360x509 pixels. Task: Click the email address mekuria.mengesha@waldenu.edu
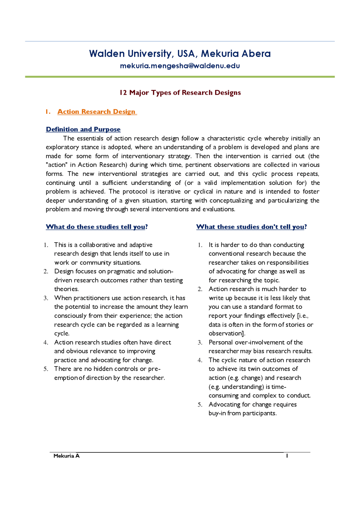pos(180,66)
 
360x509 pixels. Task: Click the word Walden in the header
pos(107,53)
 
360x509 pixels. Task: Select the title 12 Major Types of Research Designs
pos(180,92)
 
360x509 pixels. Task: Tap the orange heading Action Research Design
pos(96,112)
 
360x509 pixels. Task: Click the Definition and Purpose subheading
pos(83,129)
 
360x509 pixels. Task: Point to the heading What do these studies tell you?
pos(96,227)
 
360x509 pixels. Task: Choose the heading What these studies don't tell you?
pos(251,227)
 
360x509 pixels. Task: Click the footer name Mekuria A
pos(67,456)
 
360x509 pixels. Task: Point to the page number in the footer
pos(287,456)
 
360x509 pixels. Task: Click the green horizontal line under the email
pos(180,77)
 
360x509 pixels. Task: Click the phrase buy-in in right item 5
pos(217,413)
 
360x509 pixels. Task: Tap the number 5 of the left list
pos(46,369)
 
